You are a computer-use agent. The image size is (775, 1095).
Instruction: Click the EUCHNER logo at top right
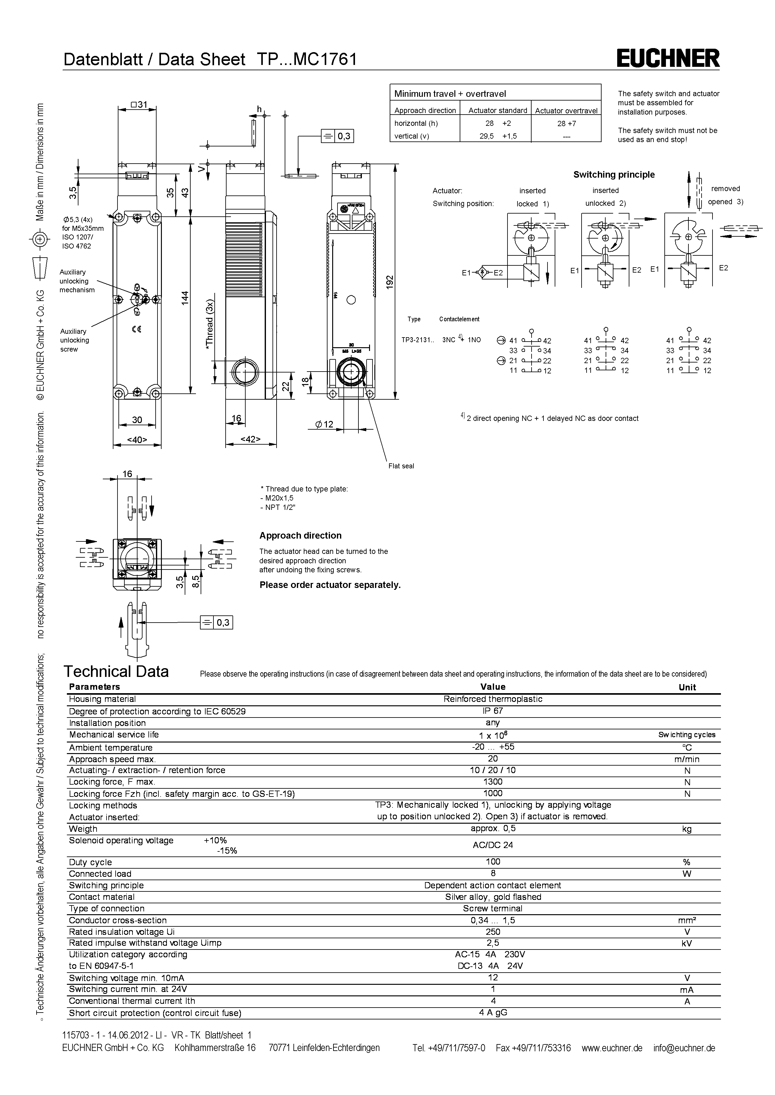click(667, 59)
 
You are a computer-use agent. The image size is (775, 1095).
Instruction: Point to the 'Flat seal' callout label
click(401, 466)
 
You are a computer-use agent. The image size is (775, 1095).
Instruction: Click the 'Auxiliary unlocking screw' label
click(74, 340)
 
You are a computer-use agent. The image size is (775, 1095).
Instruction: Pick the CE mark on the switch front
click(137, 329)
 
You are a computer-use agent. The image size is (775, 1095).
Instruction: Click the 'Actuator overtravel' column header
click(566, 111)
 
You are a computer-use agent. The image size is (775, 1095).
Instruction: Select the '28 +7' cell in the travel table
click(567, 124)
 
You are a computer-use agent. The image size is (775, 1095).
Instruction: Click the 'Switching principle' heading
click(614, 175)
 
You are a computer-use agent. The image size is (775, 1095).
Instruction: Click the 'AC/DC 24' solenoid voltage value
click(492, 845)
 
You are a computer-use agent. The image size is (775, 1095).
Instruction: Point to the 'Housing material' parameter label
click(102, 699)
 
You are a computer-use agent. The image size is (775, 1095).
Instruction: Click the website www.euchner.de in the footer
click(612, 1048)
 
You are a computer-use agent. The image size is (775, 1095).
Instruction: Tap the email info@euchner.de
click(684, 1048)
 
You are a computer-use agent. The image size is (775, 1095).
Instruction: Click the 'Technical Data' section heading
click(117, 672)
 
